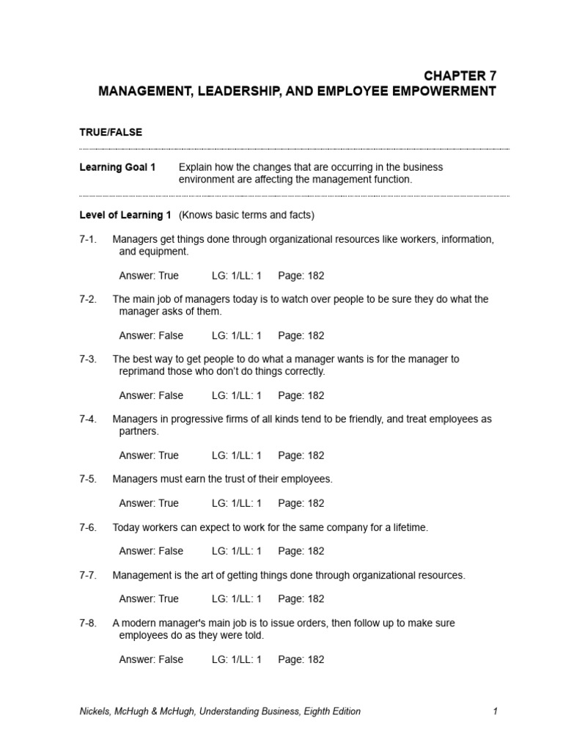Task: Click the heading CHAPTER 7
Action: point(460,76)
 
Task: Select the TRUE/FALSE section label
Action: point(111,132)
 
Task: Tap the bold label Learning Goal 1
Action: point(117,167)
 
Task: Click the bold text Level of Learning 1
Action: point(125,215)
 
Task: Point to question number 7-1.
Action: point(88,239)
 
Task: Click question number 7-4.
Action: point(88,419)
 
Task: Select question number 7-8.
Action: point(88,623)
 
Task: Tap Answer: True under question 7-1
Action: point(149,276)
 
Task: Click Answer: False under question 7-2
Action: point(151,335)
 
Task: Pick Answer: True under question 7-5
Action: point(149,503)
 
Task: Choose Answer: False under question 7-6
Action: point(151,551)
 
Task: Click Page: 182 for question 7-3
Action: point(301,395)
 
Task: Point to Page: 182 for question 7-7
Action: point(301,598)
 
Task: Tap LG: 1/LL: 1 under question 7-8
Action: point(237,659)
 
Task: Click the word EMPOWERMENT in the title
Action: point(438,91)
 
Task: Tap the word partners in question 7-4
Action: point(139,431)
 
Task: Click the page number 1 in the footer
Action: point(496,711)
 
